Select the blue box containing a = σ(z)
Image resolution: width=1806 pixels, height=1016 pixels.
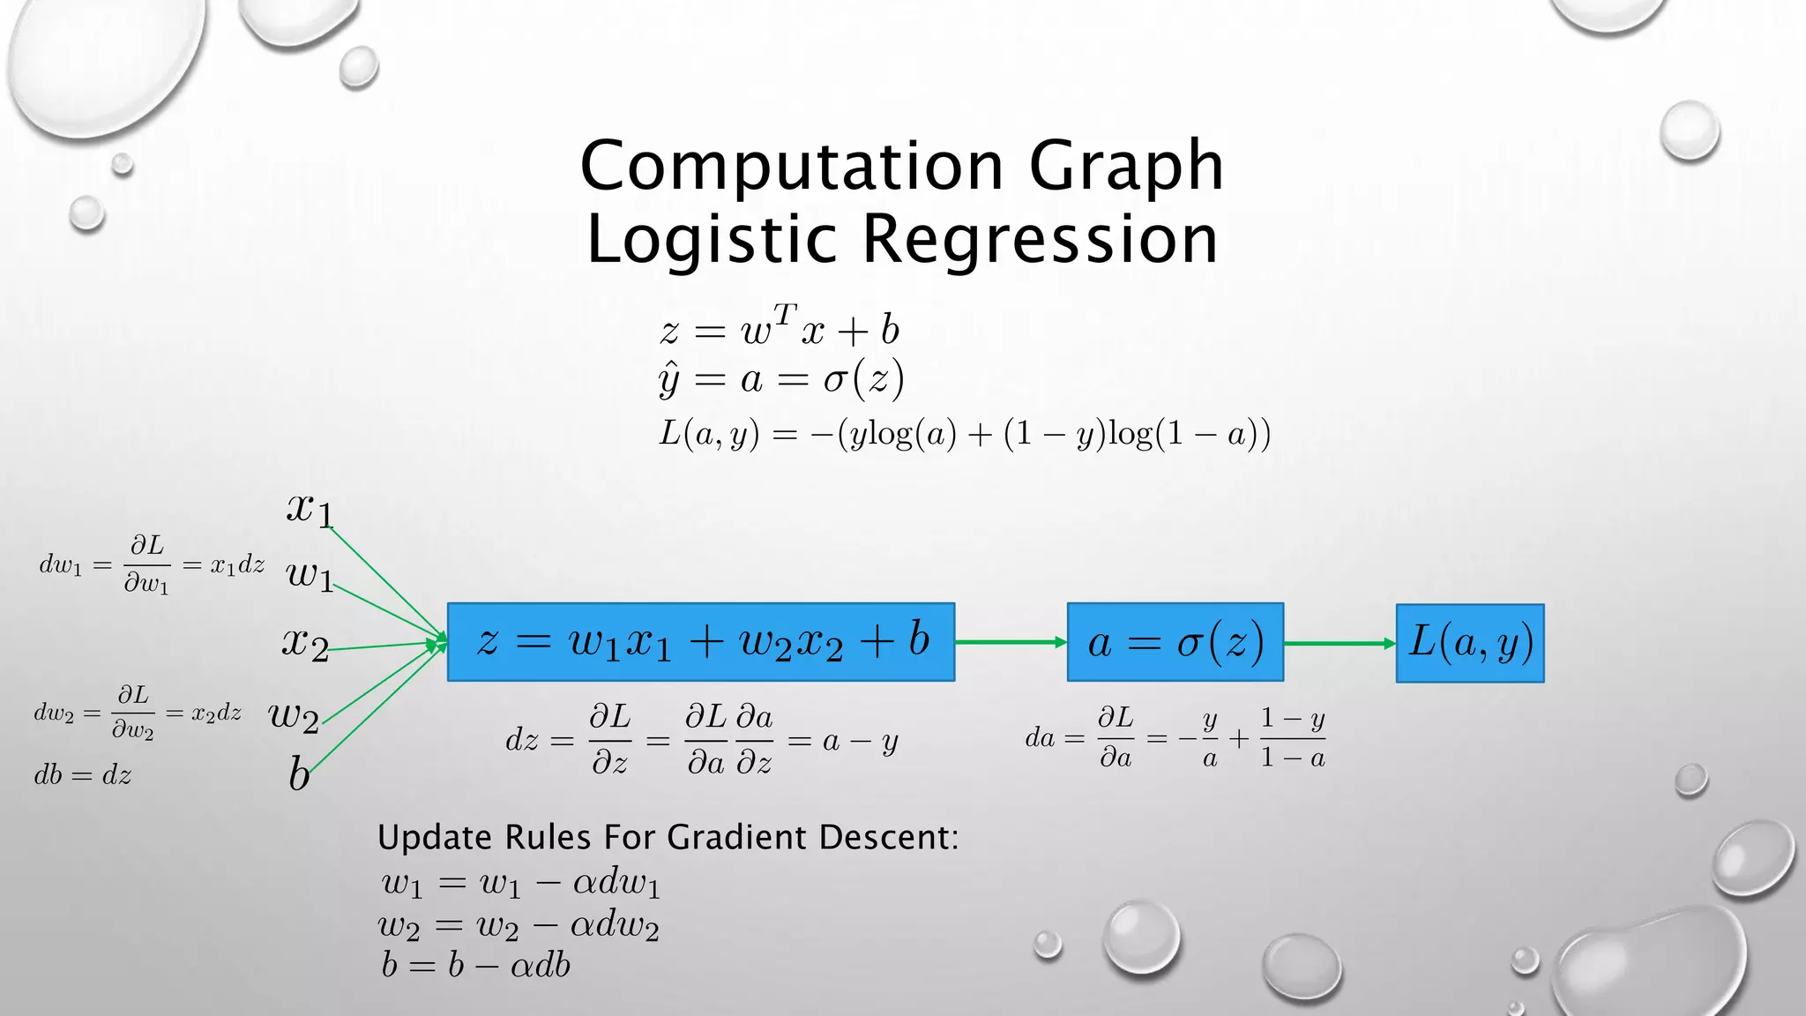tap(1175, 642)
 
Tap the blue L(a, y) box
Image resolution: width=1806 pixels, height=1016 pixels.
tap(1469, 643)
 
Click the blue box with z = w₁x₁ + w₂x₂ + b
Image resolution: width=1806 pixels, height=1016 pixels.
tap(700, 642)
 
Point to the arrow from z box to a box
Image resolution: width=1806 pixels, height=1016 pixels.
tap(1011, 642)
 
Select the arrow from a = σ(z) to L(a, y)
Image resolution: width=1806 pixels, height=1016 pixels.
tap(1339, 644)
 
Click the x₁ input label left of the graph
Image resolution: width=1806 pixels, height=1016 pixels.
tap(310, 508)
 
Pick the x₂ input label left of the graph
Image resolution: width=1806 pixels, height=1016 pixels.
tap(305, 643)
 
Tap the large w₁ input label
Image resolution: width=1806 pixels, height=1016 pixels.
tap(310, 575)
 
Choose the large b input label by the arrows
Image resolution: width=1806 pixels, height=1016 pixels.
tap(299, 774)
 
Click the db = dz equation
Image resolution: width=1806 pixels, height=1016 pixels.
tap(83, 775)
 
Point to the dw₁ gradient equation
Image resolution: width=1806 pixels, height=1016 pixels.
tap(152, 564)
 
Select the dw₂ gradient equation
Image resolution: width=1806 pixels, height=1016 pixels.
tap(138, 713)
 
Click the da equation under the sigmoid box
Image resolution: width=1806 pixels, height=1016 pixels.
tap(1175, 737)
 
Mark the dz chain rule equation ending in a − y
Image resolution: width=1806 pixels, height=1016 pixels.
tap(702, 739)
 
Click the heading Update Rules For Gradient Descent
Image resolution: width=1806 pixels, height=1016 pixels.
tap(668, 837)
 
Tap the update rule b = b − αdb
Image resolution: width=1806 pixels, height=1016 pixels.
tap(475, 965)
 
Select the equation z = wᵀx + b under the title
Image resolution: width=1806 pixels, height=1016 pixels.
tap(780, 330)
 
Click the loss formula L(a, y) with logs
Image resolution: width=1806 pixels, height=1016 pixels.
tap(965, 434)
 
